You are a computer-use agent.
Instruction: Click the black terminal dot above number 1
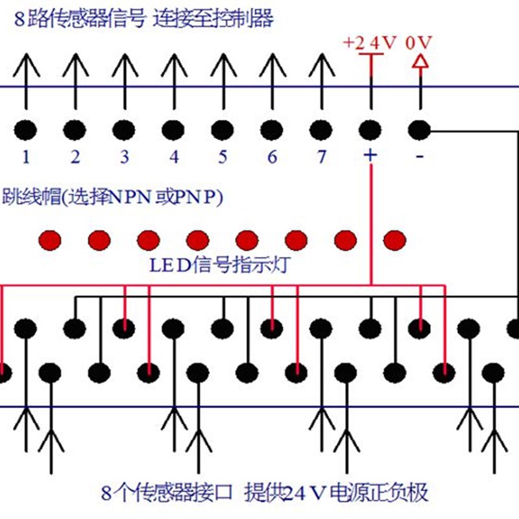point(26,129)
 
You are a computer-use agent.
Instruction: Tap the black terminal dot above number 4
point(173,129)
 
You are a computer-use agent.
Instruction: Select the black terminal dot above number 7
point(319,129)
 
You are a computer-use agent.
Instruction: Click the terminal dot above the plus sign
point(370,129)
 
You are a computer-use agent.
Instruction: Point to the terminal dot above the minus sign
point(420,129)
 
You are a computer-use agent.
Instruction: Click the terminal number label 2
point(75,157)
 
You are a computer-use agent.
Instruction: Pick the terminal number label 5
point(223,157)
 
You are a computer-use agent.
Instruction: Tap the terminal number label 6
point(272,157)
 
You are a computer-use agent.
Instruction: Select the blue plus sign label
point(370,156)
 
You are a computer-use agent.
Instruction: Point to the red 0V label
point(418,43)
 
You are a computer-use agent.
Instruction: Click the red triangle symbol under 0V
point(420,62)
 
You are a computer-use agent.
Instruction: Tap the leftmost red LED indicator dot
point(49,240)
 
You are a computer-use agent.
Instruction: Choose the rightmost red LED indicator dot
point(394,240)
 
